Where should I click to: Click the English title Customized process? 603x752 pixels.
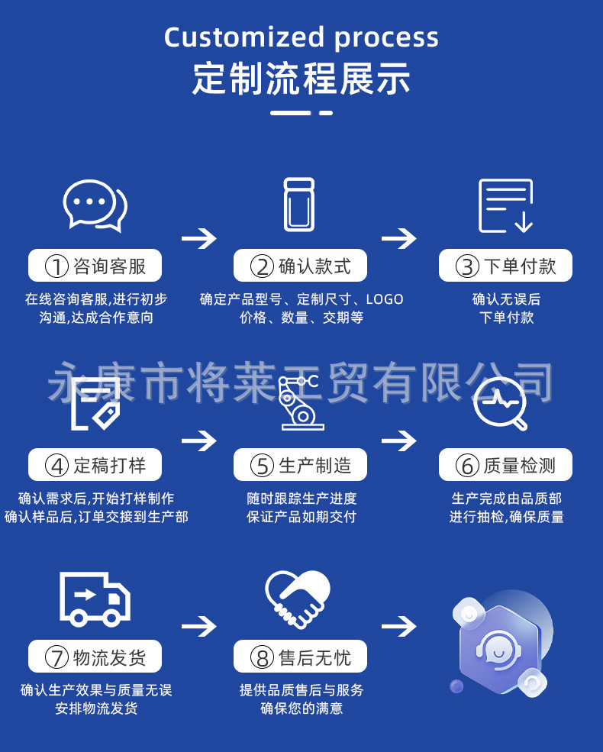[301, 37]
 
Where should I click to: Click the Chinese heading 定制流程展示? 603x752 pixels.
[301, 79]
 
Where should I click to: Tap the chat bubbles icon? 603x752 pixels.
[95, 205]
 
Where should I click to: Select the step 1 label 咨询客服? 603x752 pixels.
[95, 266]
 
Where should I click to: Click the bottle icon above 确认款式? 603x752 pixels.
[299, 205]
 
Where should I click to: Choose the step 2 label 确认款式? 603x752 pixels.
[300, 266]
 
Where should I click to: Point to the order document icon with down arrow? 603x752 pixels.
[505, 205]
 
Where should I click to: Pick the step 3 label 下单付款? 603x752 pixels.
[505, 266]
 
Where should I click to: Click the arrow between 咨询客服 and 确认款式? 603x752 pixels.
[198, 239]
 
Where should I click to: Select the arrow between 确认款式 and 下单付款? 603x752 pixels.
[399, 239]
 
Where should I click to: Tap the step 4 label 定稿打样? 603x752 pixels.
[95, 465]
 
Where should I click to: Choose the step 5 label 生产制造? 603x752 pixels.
[300, 465]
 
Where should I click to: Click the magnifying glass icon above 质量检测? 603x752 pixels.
[500, 403]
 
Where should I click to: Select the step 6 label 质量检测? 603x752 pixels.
[505, 465]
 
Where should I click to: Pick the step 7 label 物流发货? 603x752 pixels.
[95, 657]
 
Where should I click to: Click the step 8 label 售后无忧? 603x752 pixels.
[300, 657]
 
